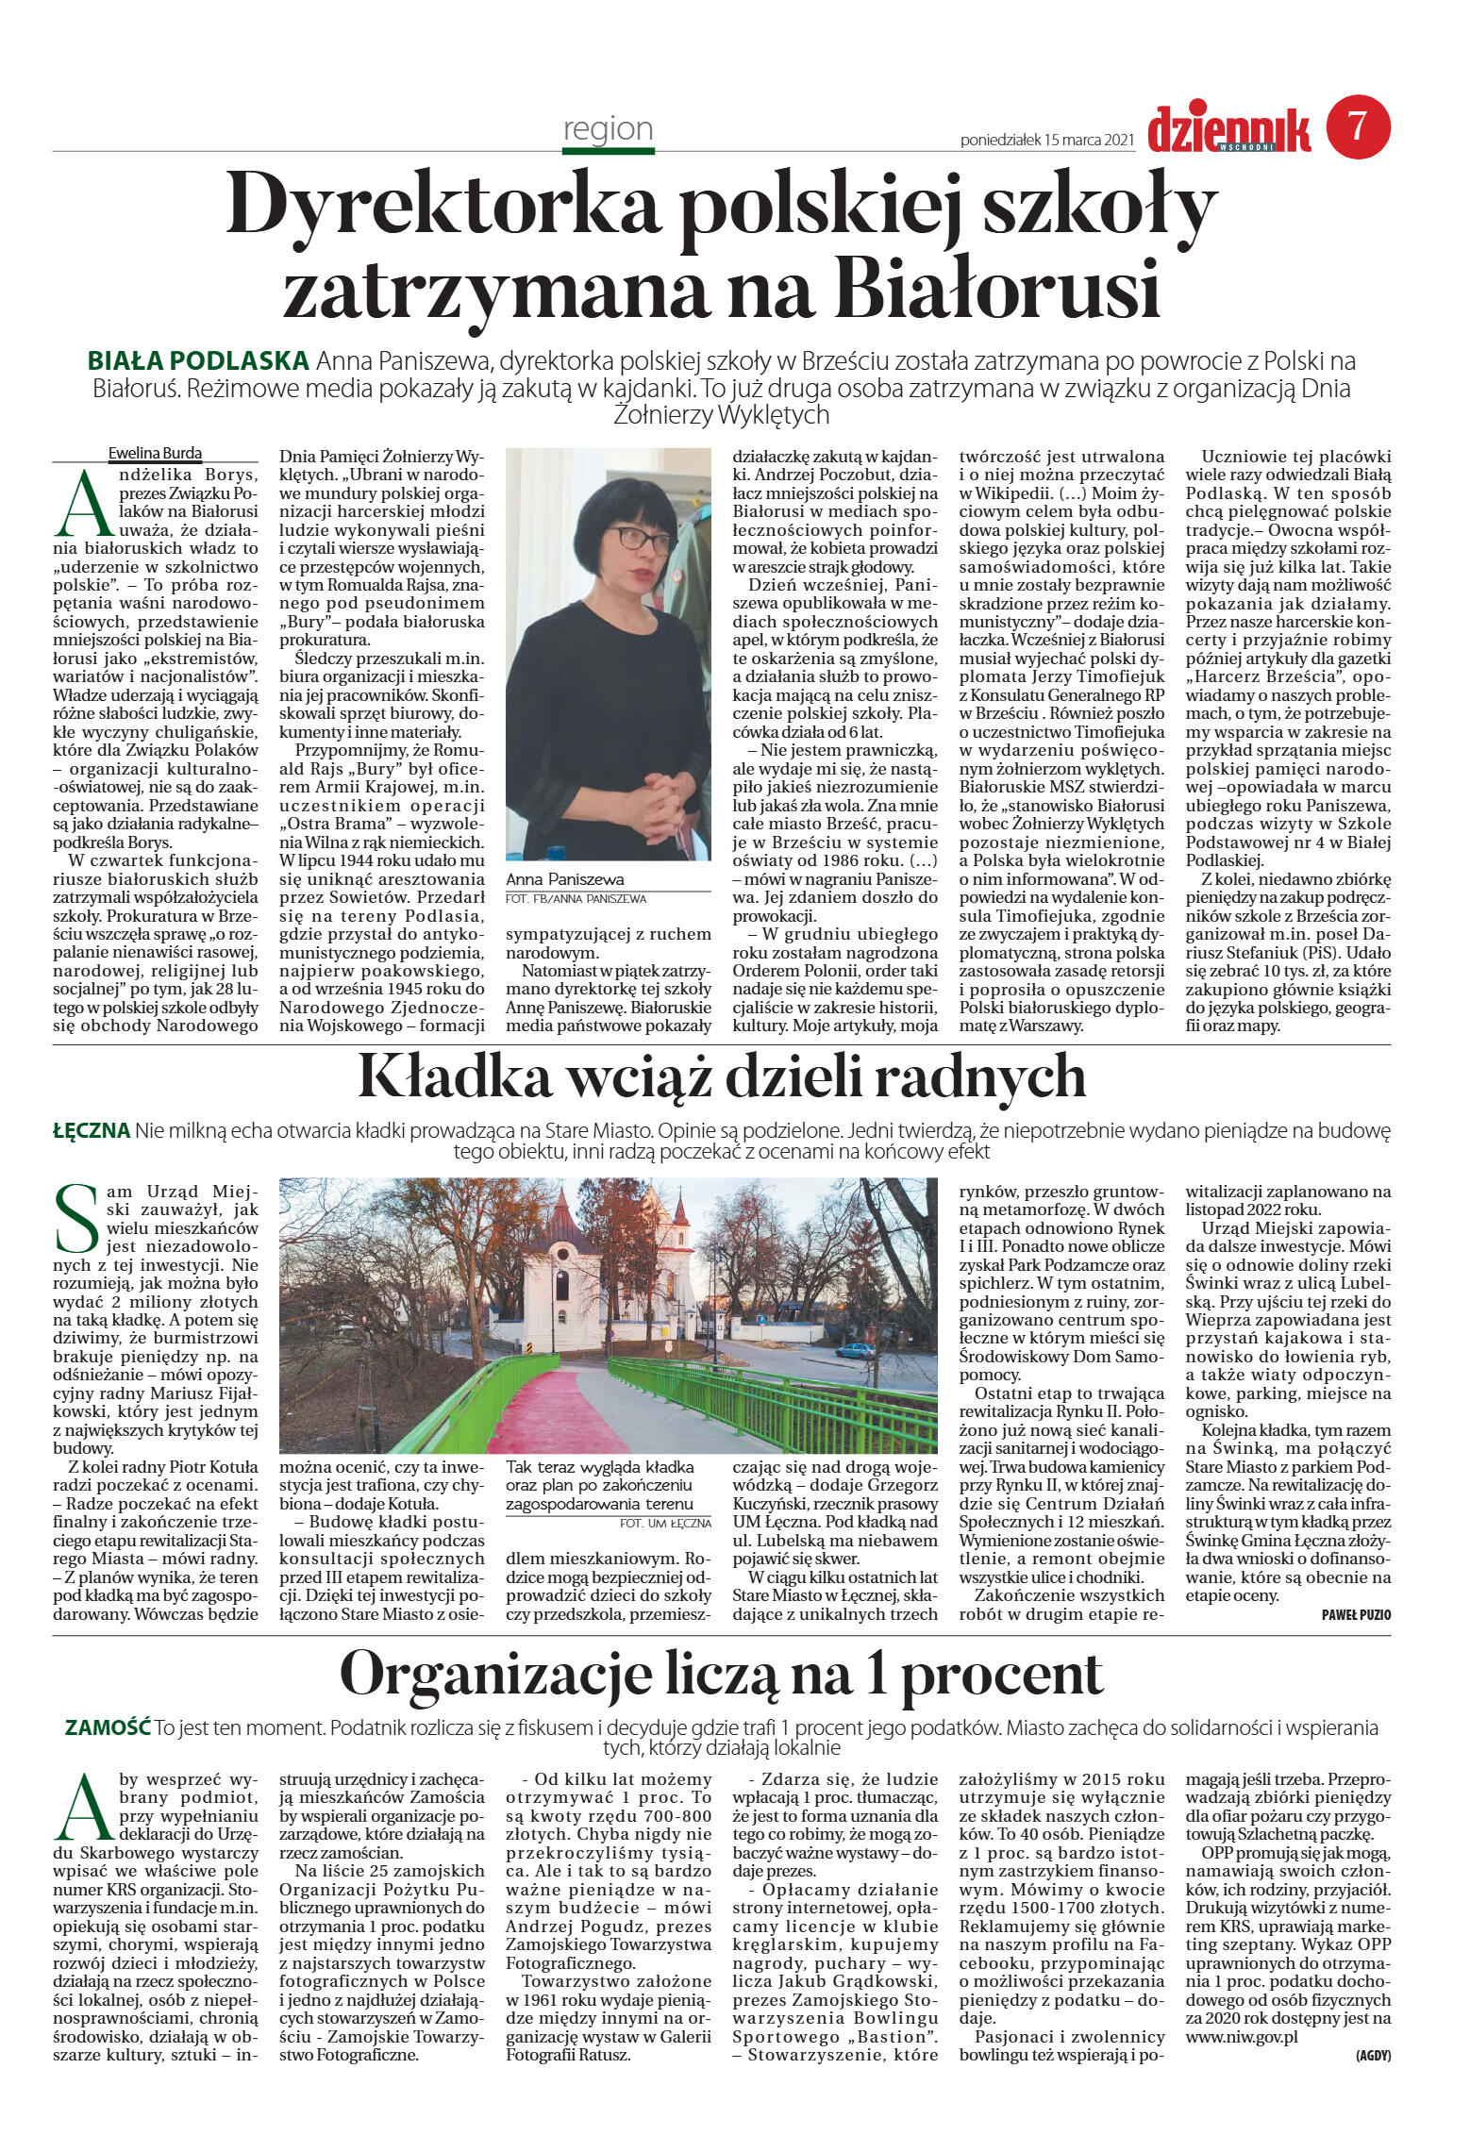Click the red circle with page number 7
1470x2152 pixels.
click(x=1358, y=126)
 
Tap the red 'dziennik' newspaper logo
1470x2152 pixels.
click(x=1228, y=129)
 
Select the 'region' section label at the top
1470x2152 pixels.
click(x=608, y=128)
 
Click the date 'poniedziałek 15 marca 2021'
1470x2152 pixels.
click(x=1045, y=140)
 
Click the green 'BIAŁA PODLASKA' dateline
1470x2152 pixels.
click(x=198, y=360)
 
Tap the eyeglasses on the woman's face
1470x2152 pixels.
click(x=643, y=539)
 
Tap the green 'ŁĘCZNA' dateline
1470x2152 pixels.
click(x=91, y=1130)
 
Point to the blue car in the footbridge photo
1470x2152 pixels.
click(x=855, y=1351)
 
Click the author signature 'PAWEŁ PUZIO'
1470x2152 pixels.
click(x=1356, y=1615)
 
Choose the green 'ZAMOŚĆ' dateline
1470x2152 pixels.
click(x=108, y=1727)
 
